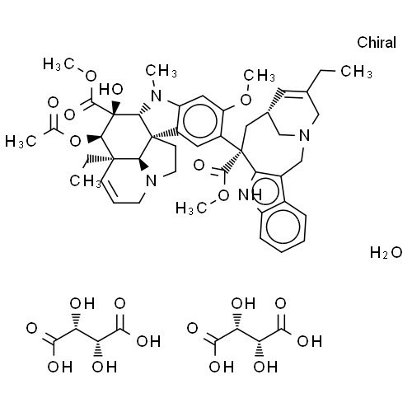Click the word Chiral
(377, 43)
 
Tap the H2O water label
(386, 252)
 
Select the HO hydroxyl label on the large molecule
(111, 89)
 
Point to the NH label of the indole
(250, 194)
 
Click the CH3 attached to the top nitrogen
(162, 71)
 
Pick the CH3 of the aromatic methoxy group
(260, 75)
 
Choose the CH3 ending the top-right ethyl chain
(357, 72)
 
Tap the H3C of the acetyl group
(21, 142)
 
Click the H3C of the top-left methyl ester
(59, 64)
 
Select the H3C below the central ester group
(191, 208)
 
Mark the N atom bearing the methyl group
(157, 96)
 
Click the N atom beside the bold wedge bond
(152, 181)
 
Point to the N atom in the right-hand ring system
(304, 135)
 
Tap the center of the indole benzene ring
(283, 227)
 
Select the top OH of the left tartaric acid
(82, 303)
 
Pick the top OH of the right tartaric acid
(243, 303)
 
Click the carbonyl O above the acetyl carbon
(53, 102)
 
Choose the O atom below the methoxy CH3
(246, 100)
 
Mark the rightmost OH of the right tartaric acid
(310, 341)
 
